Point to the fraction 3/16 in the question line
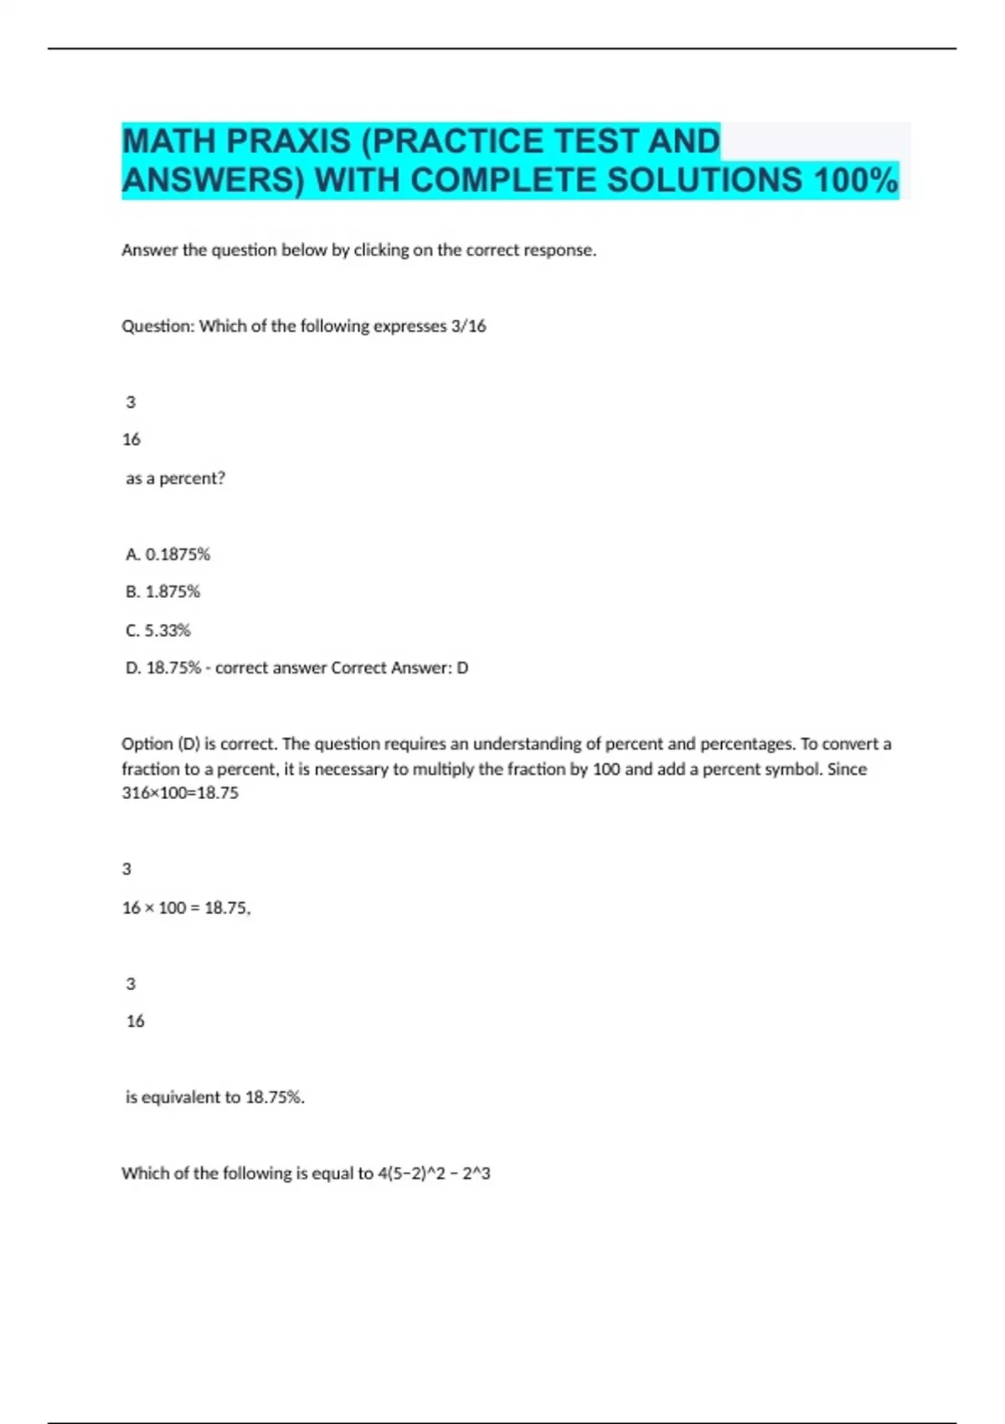(x=468, y=326)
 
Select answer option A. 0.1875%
(x=167, y=554)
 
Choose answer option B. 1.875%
(x=162, y=591)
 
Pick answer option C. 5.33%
(x=158, y=630)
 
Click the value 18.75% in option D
(x=173, y=668)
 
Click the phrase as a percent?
(x=175, y=478)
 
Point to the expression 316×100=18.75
(x=180, y=792)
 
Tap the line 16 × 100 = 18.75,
(x=186, y=907)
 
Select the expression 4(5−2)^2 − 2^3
(x=434, y=1173)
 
